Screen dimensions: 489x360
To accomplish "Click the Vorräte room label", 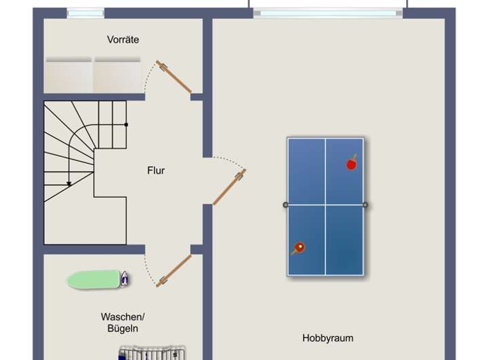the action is point(123,39).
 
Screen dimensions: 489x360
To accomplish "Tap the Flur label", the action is point(156,170).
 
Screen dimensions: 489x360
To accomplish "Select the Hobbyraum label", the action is point(328,338).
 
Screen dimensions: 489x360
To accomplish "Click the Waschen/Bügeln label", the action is point(122,323).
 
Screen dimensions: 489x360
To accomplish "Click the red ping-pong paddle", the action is point(352,163).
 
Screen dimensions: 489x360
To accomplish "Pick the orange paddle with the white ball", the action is point(298,249).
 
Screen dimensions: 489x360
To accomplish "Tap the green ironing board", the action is point(94,280).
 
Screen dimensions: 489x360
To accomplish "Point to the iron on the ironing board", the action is point(124,278).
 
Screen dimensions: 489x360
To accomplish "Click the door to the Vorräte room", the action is point(174,77).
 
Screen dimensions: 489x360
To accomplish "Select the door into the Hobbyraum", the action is point(230,187).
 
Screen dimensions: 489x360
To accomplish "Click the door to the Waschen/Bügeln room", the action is point(174,270).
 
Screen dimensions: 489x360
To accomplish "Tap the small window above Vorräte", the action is point(86,13).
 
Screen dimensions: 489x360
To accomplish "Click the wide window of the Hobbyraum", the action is point(327,13).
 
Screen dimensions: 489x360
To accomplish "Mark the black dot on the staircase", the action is point(126,124).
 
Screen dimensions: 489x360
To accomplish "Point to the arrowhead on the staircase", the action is point(69,184).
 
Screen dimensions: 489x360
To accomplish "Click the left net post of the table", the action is point(285,204).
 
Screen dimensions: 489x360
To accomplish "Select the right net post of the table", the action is point(365,204).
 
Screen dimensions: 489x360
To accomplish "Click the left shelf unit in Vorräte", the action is point(69,75).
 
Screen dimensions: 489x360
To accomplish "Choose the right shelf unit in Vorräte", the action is point(117,75).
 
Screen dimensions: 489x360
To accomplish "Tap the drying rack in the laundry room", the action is point(152,353).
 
